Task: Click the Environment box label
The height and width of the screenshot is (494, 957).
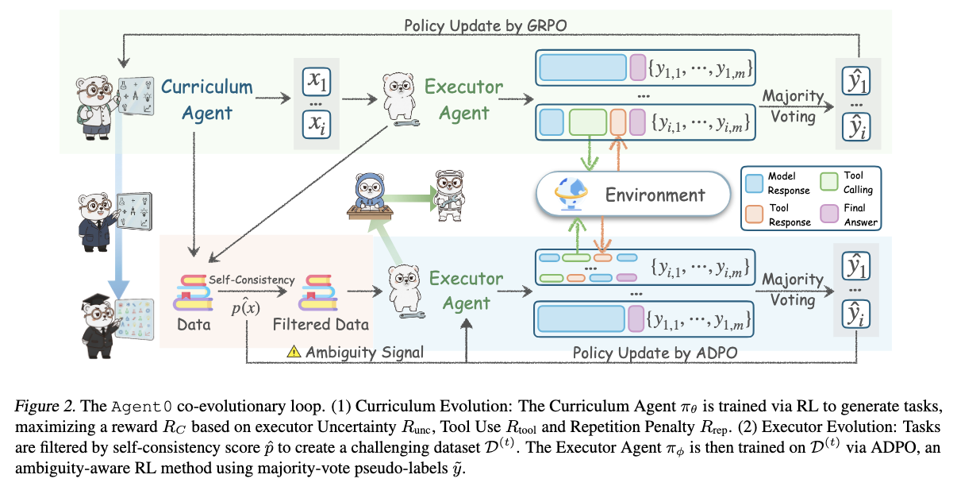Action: (x=655, y=195)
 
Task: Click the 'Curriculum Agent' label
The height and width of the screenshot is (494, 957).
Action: (x=207, y=100)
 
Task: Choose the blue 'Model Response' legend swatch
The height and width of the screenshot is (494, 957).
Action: (x=755, y=183)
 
